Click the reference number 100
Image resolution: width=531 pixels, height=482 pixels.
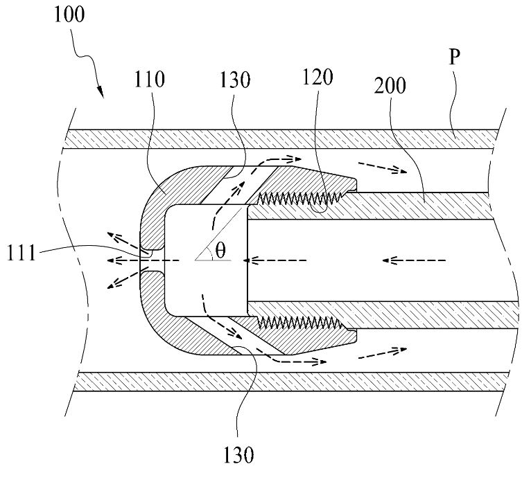click(69, 15)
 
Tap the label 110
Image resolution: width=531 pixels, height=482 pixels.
click(149, 80)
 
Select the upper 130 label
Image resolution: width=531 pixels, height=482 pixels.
click(235, 80)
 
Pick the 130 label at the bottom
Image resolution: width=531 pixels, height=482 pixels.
click(238, 455)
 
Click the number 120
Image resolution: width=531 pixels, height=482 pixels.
click(317, 77)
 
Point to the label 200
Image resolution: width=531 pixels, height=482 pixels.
click(390, 86)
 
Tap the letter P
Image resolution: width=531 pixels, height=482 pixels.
click(454, 57)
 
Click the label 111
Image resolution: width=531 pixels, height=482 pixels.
click(21, 253)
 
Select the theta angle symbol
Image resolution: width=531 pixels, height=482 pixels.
click(220, 251)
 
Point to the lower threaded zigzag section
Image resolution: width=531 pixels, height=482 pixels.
click(299, 322)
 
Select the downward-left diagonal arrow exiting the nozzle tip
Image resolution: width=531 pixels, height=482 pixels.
click(123, 278)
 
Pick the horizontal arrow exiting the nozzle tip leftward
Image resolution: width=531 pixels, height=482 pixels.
click(142, 260)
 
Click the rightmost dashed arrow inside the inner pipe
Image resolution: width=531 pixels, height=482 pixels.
click(414, 260)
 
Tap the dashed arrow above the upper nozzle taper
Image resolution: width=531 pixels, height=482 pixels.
click(383, 168)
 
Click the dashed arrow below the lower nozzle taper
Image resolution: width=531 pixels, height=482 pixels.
click(383, 352)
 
